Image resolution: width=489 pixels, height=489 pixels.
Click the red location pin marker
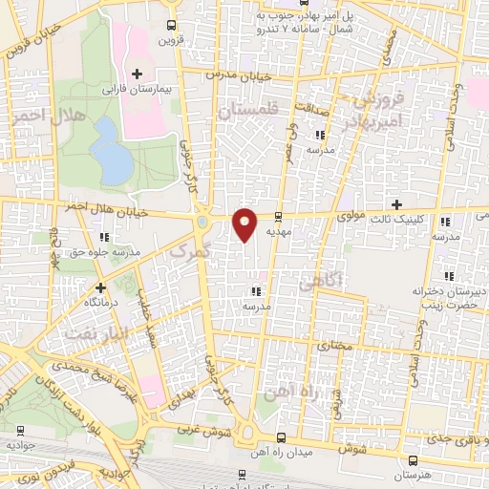coord(245,223)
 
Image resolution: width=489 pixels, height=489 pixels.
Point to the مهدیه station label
coord(278,231)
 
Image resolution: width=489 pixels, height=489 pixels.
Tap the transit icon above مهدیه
coord(278,217)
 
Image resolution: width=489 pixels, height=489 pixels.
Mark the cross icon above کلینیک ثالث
coord(397,204)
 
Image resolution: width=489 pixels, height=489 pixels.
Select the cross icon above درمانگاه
coord(100,287)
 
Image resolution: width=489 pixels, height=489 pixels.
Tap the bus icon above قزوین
coord(170,26)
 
